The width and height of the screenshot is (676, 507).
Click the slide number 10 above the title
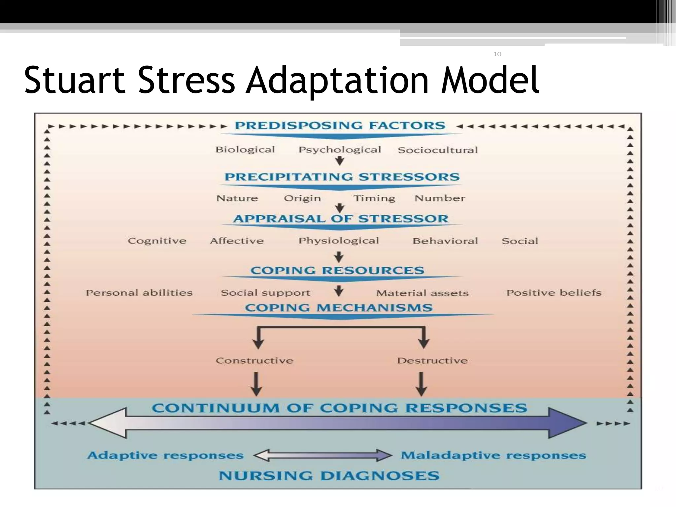tap(497, 54)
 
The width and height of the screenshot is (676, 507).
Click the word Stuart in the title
tap(74, 80)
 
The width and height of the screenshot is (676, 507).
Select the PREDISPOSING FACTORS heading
tap(340, 125)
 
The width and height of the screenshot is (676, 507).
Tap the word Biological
tap(245, 150)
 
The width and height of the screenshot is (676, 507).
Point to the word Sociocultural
tap(438, 150)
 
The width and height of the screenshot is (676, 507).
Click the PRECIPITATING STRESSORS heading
tap(342, 177)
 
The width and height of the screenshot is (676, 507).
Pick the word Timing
tap(374, 198)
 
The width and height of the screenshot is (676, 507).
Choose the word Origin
tap(302, 198)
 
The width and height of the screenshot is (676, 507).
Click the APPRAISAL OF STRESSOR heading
tap(341, 219)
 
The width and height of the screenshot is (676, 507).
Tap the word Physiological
tap(339, 241)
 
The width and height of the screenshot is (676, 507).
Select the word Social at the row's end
tap(520, 241)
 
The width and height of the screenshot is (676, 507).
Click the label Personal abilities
tap(139, 293)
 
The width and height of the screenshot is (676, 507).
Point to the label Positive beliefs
tap(554, 293)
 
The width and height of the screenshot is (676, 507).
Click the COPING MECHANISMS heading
tap(339, 308)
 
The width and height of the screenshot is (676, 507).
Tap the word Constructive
tap(254, 360)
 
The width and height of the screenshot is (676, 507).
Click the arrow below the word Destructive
tap(421, 384)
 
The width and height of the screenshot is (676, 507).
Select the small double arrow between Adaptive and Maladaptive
tap(322, 456)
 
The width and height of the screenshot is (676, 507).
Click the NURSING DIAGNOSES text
tap(329, 476)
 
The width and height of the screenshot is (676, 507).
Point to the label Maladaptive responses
tap(493, 456)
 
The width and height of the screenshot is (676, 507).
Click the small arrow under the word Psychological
tap(340, 161)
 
